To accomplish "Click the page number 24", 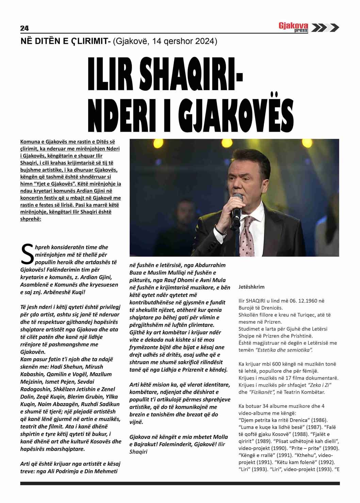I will click(x=24, y=28).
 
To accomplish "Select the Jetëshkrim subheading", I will click(x=251, y=287).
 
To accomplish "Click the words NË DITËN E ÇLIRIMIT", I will click(x=64, y=41).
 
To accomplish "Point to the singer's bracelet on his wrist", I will click(x=220, y=231).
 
